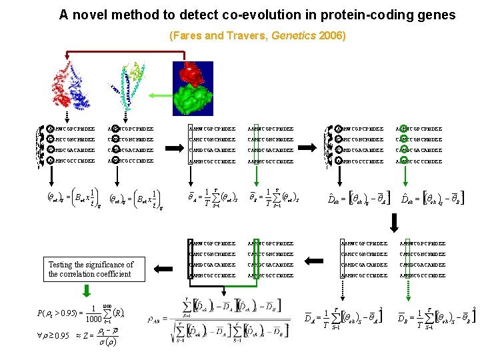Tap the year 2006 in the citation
pos(331,35)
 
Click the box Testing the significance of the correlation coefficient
pos(91,269)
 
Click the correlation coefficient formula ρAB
pos(221,319)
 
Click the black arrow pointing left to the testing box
pos(161,269)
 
